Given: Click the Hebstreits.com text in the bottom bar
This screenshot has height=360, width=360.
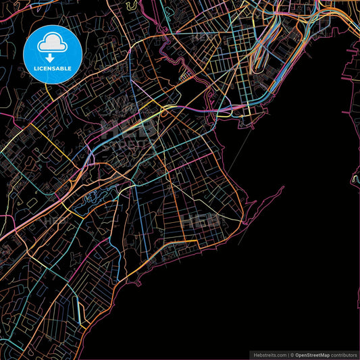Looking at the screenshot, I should point(269,355).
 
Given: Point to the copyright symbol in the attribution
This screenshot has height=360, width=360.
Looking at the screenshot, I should point(292,355).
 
